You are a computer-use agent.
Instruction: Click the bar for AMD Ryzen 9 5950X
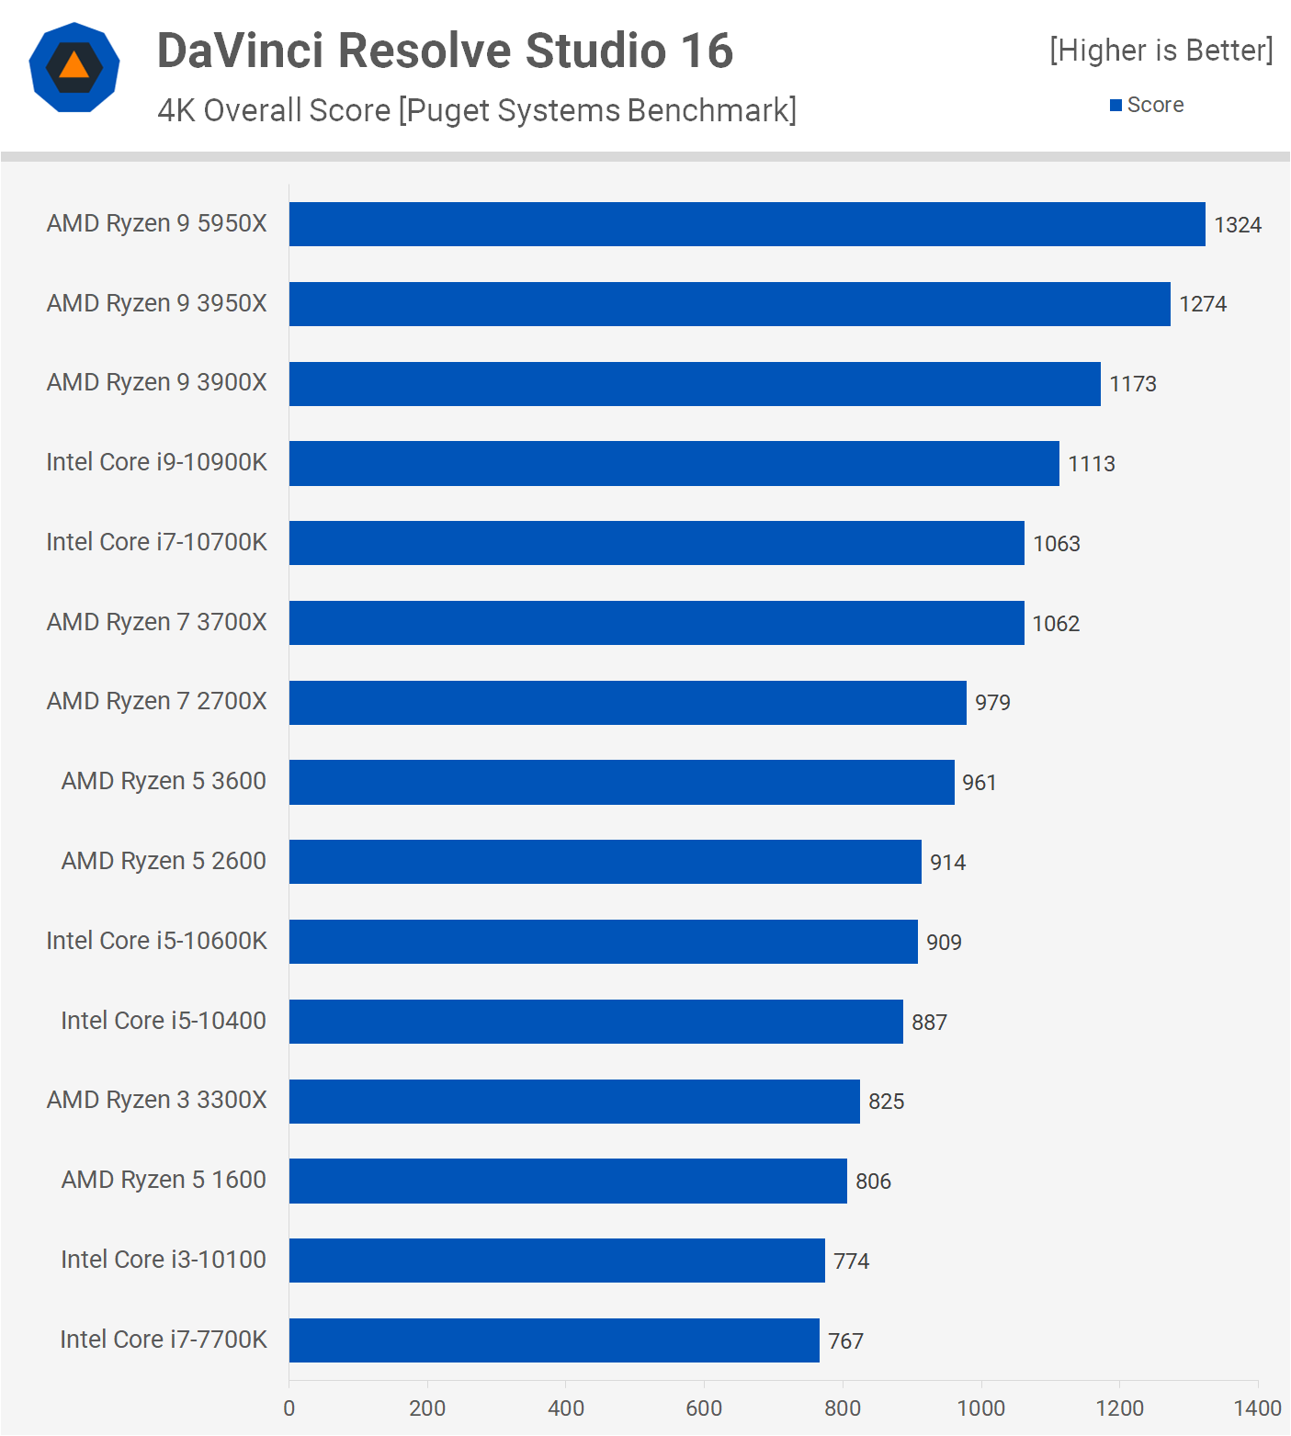(746, 224)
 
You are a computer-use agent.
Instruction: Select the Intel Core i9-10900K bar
(674, 463)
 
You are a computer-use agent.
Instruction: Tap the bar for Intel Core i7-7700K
(554, 1340)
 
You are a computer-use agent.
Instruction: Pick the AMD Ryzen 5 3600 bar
(621, 782)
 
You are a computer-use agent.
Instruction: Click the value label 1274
(1203, 304)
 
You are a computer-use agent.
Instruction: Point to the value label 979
(992, 703)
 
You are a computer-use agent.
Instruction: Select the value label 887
(929, 1023)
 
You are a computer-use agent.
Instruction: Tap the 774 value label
(851, 1261)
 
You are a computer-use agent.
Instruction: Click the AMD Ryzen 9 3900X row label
(156, 382)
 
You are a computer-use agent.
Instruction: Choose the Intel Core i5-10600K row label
(156, 941)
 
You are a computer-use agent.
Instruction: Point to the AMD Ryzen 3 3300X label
(156, 1100)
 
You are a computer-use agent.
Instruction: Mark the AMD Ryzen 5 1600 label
(164, 1180)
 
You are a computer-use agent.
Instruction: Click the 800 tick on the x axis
(843, 1408)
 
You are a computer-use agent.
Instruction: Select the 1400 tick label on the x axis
(1257, 1408)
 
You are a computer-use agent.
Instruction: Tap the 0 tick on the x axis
(289, 1408)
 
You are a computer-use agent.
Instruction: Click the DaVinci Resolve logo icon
(74, 67)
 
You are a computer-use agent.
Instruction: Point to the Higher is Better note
(1161, 51)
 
